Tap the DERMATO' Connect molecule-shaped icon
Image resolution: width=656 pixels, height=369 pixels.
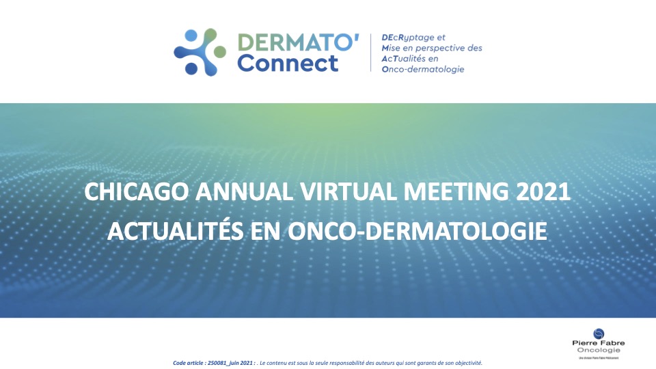[199, 52]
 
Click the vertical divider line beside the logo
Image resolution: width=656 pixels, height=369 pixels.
[371, 53]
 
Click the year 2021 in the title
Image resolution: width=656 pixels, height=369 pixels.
[543, 192]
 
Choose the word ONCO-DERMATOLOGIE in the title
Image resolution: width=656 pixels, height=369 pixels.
[425, 231]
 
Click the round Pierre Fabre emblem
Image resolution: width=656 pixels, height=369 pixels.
[599, 333]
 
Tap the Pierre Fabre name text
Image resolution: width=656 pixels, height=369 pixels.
[599, 342]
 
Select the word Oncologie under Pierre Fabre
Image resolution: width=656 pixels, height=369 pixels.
[599, 350]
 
